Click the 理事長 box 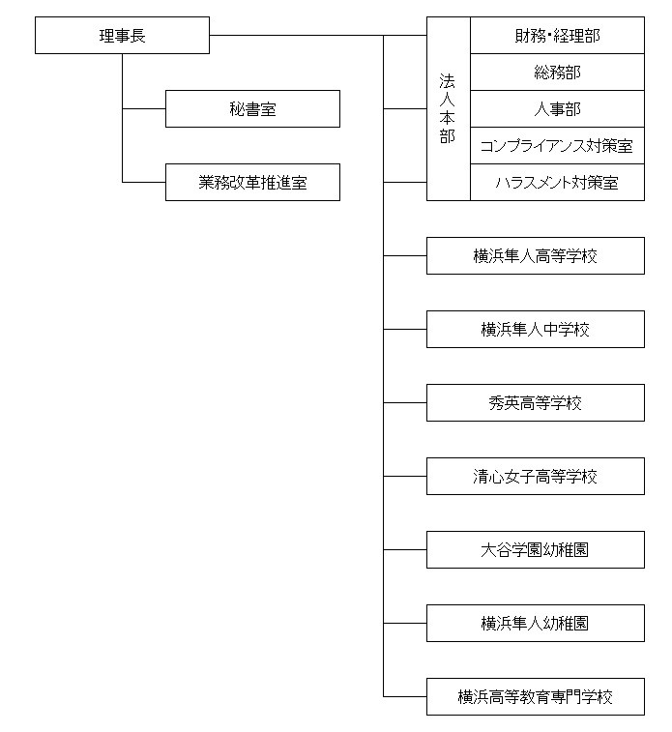point(122,36)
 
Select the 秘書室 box point(252,108)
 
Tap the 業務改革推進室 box point(252,182)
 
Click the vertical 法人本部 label point(447,108)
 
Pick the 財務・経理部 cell point(557,36)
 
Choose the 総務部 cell point(557,72)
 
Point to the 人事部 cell point(557,108)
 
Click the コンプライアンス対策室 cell point(557,146)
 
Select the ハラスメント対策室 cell point(557,182)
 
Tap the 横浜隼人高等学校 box point(536,256)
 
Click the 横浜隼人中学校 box point(536,329)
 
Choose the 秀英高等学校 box point(536,403)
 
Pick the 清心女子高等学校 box point(536,476)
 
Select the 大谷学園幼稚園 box point(536,549)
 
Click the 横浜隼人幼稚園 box point(536,624)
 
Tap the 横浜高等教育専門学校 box point(536,696)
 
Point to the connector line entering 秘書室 point(144,108)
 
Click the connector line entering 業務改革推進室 point(144,182)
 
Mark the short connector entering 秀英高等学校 point(405,403)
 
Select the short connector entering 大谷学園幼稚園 point(405,549)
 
